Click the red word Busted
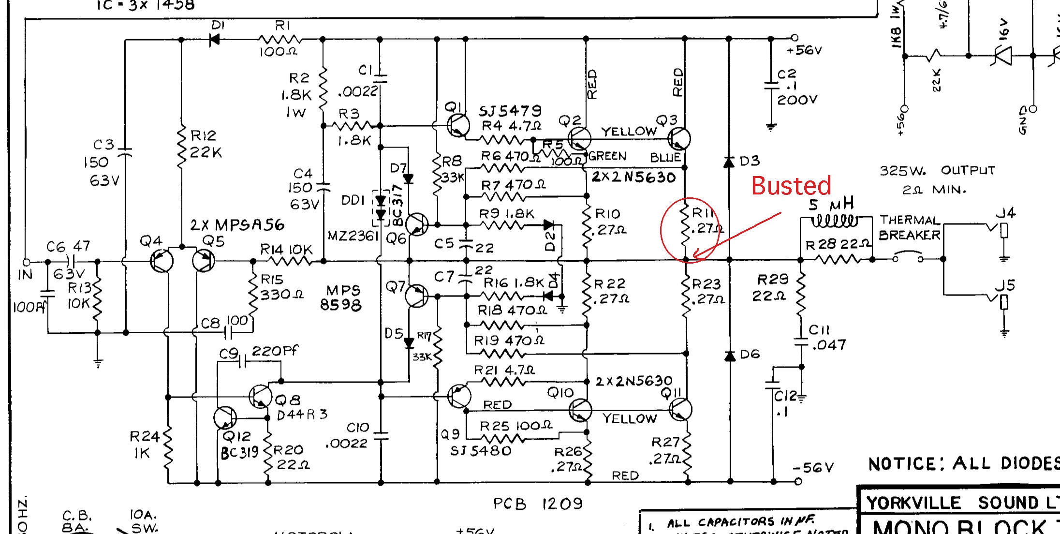pyautogui.click(x=791, y=186)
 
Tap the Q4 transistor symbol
pyautogui.click(x=162, y=262)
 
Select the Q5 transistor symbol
pyautogui.click(x=203, y=261)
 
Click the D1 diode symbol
pyautogui.click(x=214, y=39)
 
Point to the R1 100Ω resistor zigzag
pyautogui.click(x=280, y=39)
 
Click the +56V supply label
pyautogui.click(x=804, y=50)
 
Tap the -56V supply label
pyautogui.click(x=813, y=468)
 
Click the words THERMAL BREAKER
pyautogui.click(x=909, y=228)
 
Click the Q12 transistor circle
pyautogui.click(x=225, y=417)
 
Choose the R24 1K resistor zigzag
pyautogui.click(x=168, y=447)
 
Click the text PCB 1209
pyautogui.click(x=538, y=504)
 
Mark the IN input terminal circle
pyautogui.click(x=27, y=262)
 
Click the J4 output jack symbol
pyautogui.click(x=1003, y=231)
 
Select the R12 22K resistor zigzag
pyautogui.click(x=181, y=147)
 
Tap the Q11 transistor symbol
pyautogui.click(x=680, y=410)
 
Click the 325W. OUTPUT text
pyautogui.click(x=937, y=171)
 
